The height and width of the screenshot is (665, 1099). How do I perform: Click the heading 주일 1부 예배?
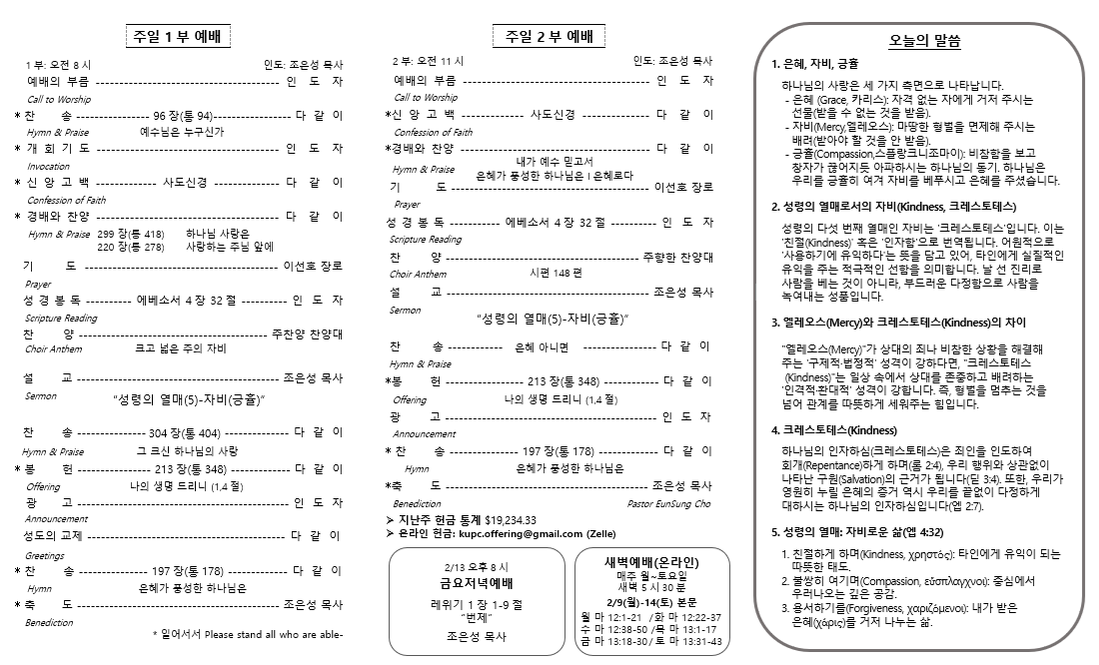(176, 38)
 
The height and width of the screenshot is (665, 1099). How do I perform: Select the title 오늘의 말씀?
(924, 42)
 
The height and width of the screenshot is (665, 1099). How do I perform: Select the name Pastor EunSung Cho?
(668, 504)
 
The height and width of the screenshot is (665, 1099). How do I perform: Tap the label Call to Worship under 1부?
(59, 99)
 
